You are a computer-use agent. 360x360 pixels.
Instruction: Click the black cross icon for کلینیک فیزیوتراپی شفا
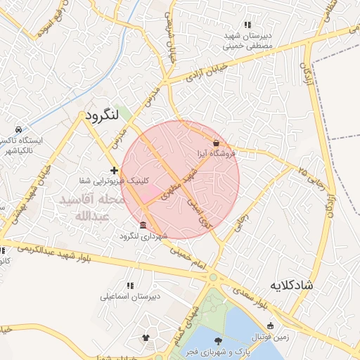pyautogui.click(x=114, y=170)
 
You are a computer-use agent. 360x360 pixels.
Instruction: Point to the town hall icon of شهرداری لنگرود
pyautogui.click(x=143, y=225)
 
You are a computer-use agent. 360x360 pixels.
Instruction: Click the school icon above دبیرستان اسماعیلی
pyautogui.click(x=130, y=285)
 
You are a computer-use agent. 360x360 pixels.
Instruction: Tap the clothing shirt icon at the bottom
pyautogui.click(x=146, y=337)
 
